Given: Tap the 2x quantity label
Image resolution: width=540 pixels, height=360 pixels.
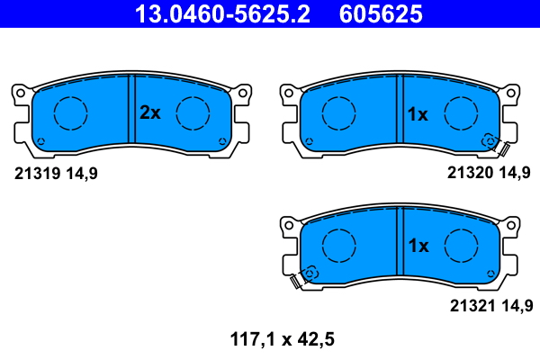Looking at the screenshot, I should click(x=149, y=112).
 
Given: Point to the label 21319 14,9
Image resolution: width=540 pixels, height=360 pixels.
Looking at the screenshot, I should click(x=56, y=174).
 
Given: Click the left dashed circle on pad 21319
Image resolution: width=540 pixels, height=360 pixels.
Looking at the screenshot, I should click(x=70, y=112).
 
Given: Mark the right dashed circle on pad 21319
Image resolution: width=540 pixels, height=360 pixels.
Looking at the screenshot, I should click(x=193, y=112).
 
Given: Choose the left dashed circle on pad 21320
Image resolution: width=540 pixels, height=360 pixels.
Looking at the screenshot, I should click(x=338, y=112).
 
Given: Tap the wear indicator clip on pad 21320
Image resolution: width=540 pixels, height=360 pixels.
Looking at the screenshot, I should click(x=498, y=145).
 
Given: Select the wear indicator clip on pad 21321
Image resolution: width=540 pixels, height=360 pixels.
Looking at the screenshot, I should click(x=302, y=278).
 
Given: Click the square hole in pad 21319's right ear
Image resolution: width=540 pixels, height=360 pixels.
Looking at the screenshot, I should click(x=242, y=92).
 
